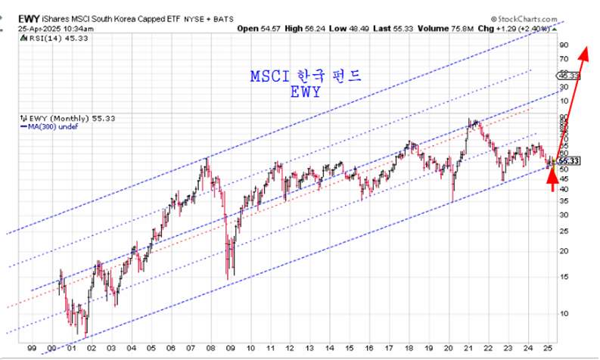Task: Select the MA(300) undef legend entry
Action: point(46,128)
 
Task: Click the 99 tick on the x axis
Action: point(31,349)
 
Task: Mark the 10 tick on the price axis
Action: point(564,312)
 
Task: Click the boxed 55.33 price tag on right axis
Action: point(569,161)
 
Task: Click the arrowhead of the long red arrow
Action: point(584,52)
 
